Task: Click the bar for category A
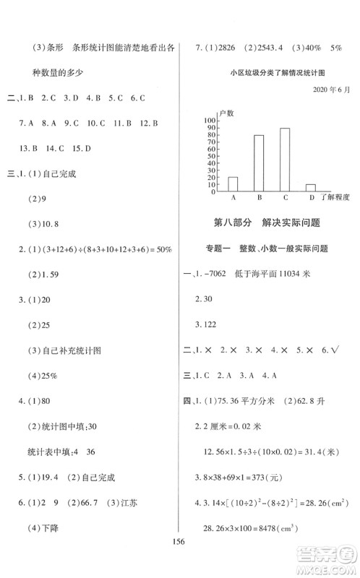pos(233,184)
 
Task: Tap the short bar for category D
pos(311,187)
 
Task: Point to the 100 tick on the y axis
pos(210,120)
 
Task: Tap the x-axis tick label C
pos(285,197)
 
